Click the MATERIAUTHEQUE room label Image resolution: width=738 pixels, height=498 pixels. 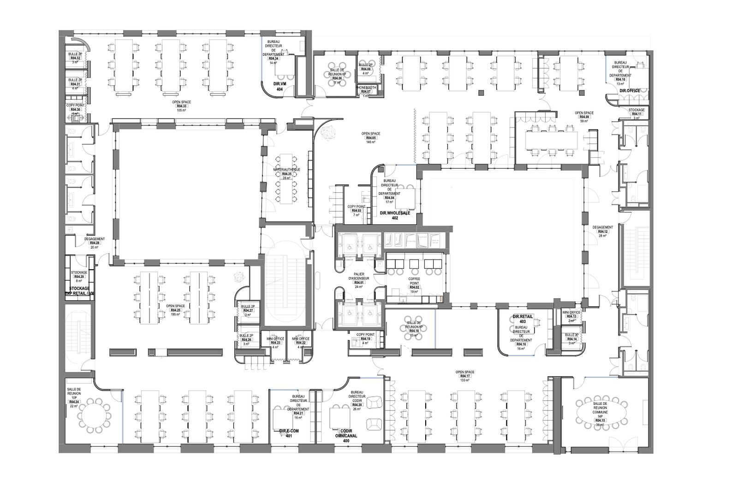(286, 170)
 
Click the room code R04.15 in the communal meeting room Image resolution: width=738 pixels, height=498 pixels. (600, 421)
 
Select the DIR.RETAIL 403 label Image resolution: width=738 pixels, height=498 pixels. (523, 319)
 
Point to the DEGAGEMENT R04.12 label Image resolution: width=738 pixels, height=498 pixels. (602, 227)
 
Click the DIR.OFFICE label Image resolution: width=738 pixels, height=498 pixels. (630, 91)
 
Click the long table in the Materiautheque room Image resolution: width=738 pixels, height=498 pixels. (286, 179)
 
